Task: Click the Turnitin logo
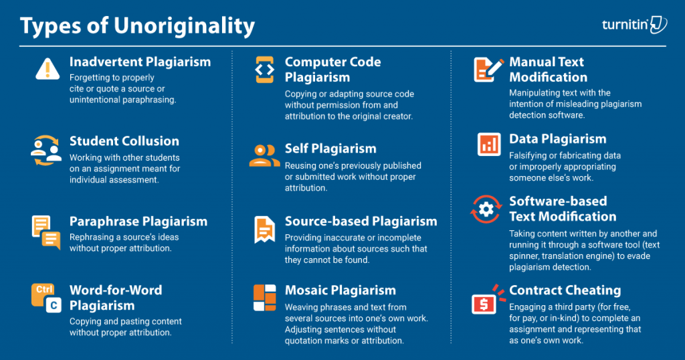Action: [634, 25]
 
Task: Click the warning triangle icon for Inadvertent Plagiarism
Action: [47, 69]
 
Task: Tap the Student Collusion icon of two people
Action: [46, 151]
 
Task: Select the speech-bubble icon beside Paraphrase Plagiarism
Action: [46, 232]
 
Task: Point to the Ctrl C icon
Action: [46, 298]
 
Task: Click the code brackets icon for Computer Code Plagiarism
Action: [265, 70]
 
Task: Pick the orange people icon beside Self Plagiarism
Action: [264, 156]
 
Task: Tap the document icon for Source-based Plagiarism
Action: [265, 230]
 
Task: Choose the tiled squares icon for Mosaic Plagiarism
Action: [265, 298]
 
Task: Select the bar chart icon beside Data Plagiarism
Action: [489, 144]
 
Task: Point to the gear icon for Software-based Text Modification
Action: [486, 209]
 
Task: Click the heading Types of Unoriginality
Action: [137, 26]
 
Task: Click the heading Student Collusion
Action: [124, 141]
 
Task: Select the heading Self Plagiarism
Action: [330, 149]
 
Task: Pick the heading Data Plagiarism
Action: [557, 139]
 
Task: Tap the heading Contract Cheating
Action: [565, 290]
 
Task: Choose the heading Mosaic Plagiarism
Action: [340, 290]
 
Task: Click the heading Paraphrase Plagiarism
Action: [138, 221]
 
